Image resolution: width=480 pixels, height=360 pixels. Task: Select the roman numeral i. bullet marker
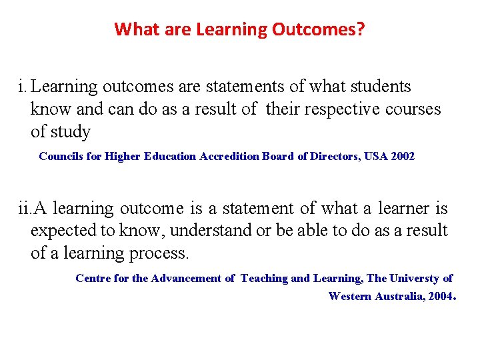point(23,87)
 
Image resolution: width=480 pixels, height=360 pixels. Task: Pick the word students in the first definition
point(377,87)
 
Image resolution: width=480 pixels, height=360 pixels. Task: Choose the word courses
point(413,109)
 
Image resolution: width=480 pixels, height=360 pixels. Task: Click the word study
point(70,131)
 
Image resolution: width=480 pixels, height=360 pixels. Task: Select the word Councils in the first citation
point(61,157)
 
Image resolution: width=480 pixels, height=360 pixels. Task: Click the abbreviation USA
point(377,157)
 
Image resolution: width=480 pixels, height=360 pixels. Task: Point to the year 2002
point(403,157)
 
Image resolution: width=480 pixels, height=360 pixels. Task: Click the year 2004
point(437,296)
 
